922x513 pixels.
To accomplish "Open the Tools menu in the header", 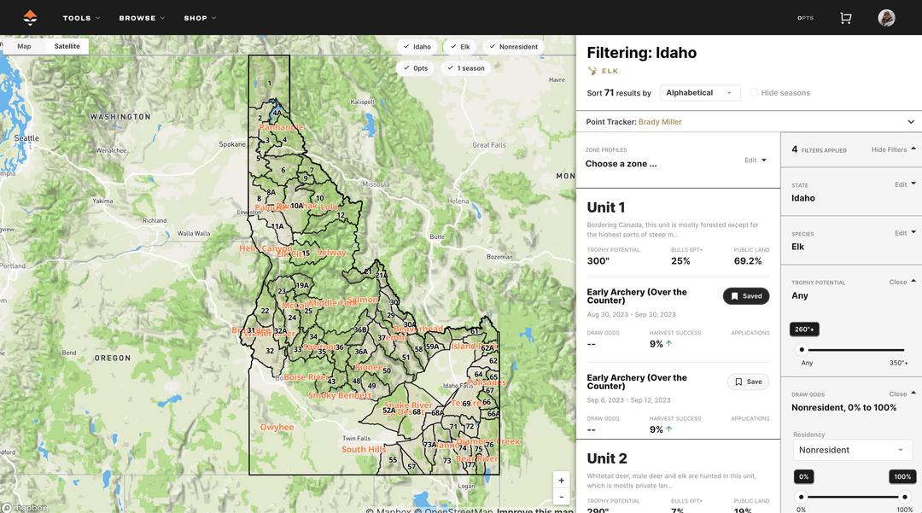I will pos(81,18).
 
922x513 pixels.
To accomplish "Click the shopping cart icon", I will pos(846,18).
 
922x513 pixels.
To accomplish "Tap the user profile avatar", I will pos(886,18).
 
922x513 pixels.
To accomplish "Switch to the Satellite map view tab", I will pos(67,46).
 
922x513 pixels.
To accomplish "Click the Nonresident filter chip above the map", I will pos(513,46).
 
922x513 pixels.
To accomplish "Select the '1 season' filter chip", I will pos(465,68).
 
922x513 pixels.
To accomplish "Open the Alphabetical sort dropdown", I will pos(700,93).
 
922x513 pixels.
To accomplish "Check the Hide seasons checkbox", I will pos(754,93).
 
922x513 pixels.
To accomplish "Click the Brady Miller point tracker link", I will pos(660,122).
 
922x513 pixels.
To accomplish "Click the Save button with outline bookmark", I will pos(748,382).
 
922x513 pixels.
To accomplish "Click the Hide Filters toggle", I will pos(894,149).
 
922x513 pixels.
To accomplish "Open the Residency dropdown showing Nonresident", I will pos(850,450).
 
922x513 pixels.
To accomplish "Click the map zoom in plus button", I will pos(561,481).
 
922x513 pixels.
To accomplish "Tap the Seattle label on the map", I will pos(26,138).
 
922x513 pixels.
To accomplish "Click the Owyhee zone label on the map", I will pos(277,427).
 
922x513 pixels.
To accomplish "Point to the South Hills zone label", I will pos(365,449).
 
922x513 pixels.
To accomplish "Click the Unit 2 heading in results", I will pos(607,458).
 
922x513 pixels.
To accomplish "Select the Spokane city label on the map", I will pos(232,144).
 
